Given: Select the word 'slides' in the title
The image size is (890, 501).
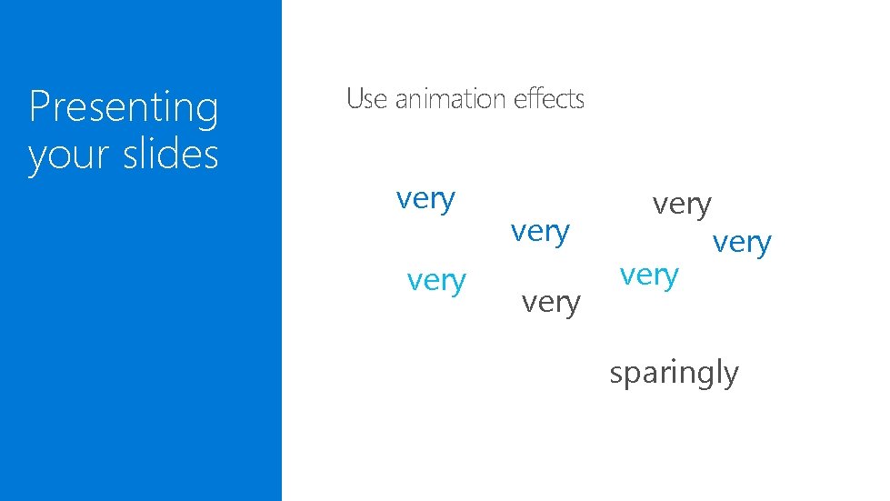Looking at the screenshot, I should pyautogui.click(x=172, y=153).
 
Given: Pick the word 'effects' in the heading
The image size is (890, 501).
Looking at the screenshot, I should pyautogui.click(x=549, y=98).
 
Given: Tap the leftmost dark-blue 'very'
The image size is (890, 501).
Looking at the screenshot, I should pyautogui.click(x=425, y=198).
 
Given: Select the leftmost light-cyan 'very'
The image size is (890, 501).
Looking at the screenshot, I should pyautogui.click(x=436, y=281).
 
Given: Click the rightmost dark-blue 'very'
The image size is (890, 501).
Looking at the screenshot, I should pyautogui.click(x=742, y=243).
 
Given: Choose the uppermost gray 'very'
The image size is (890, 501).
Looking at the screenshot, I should pyautogui.click(x=682, y=205).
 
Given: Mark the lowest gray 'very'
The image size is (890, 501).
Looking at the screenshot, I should pyautogui.click(x=551, y=302).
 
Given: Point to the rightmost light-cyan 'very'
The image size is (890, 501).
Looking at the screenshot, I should pyautogui.click(x=649, y=275).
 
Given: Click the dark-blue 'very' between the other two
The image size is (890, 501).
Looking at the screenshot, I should pyautogui.click(x=540, y=232).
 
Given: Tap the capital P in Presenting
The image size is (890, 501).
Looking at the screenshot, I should pyautogui.click(x=38, y=107).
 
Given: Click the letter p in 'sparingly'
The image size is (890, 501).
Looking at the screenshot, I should pyautogui.click(x=632, y=376).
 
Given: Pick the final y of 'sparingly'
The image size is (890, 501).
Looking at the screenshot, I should pyautogui.click(x=731, y=376).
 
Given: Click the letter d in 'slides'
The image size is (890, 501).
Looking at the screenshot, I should pyautogui.click(x=177, y=153).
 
